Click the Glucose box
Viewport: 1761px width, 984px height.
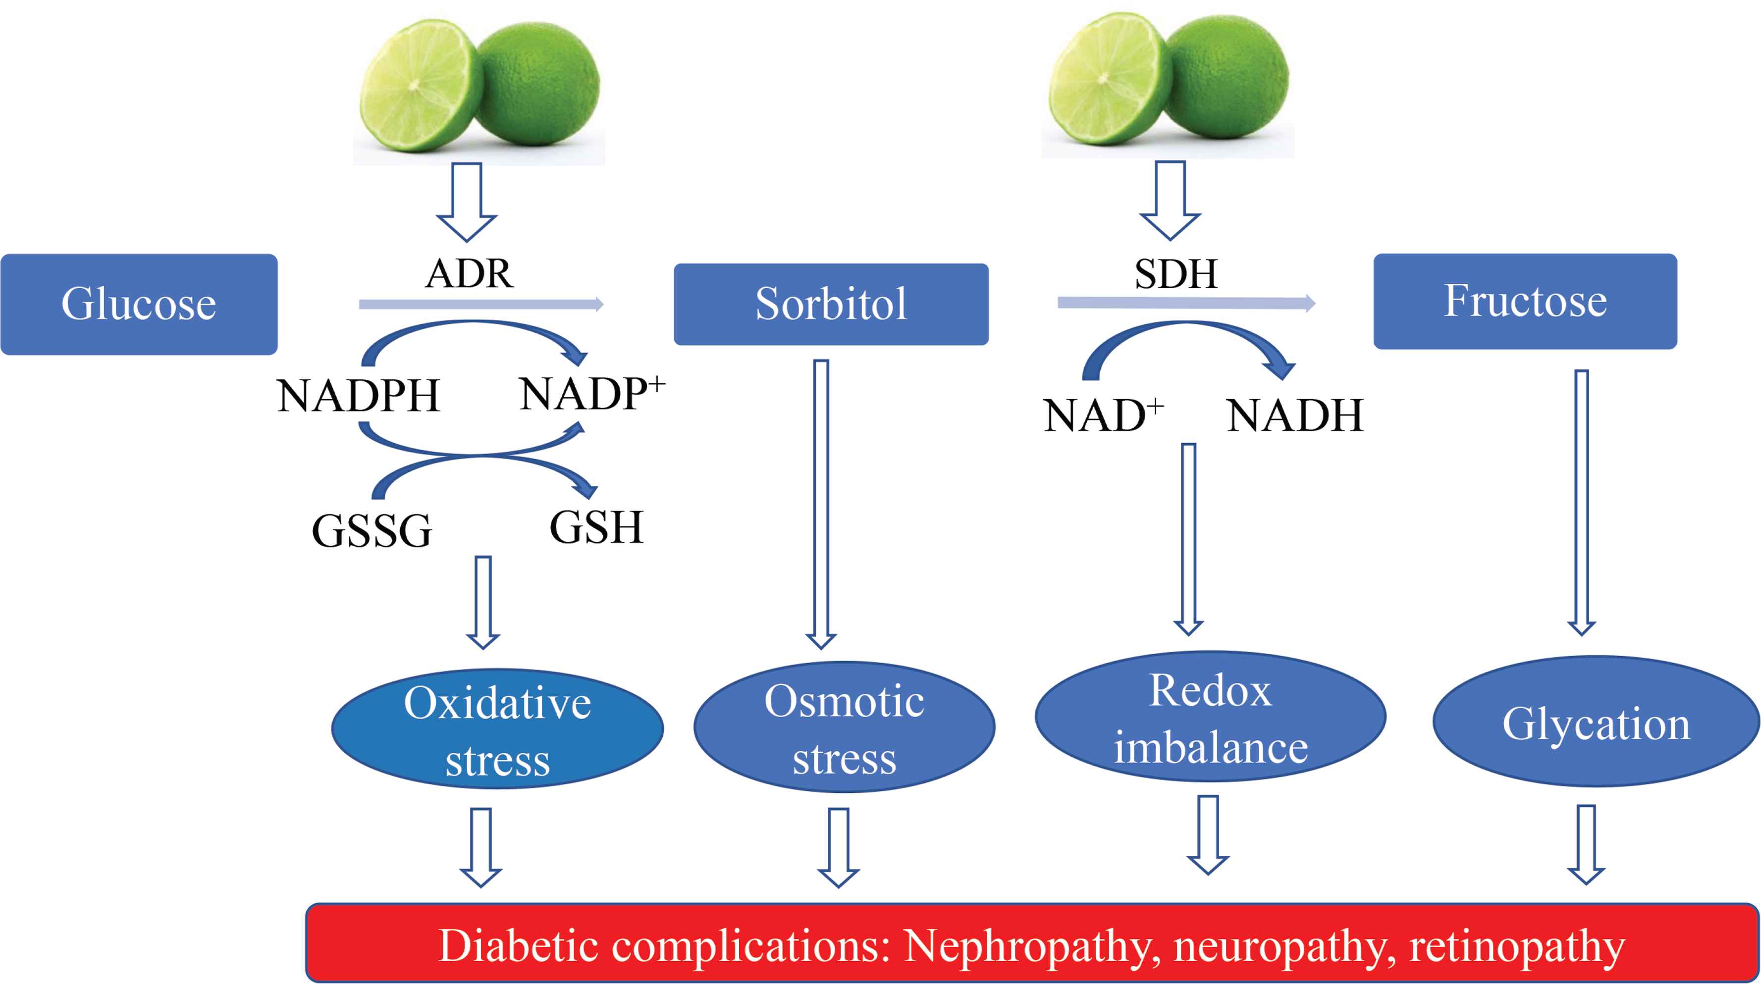pyautogui.click(x=139, y=304)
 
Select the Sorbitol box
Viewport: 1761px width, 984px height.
pyautogui.click(x=831, y=304)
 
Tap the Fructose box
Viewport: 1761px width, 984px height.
pyautogui.click(x=1525, y=302)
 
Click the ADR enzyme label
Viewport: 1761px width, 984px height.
pyautogui.click(x=469, y=274)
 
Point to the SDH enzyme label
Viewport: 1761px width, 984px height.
pyautogui.click(x=1176, y=274)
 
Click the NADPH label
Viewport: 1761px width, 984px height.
pyautogui.click(x=358, y=396)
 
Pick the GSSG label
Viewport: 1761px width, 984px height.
pyautogui.click(x=371, y=531)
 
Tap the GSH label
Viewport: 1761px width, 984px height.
pyautogui.click(x=596, y=527)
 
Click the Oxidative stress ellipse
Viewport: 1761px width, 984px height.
pyautogui.click(x=497, y=729)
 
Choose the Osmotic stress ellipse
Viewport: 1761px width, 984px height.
pyautogui.click(x=844, y=727)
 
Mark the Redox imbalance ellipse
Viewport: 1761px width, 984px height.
pyautogui.click(x=1210, y=718)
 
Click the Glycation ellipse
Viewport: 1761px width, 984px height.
pyautogui.click(x=1596, y=723)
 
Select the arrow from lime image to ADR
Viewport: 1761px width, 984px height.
pyautogui.click(x=467, y=202)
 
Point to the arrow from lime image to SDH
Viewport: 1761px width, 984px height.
pyautogui.click(x=1170, y=200)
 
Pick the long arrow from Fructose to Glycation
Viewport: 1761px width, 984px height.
pyautogui.click(x=1581, y=502)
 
